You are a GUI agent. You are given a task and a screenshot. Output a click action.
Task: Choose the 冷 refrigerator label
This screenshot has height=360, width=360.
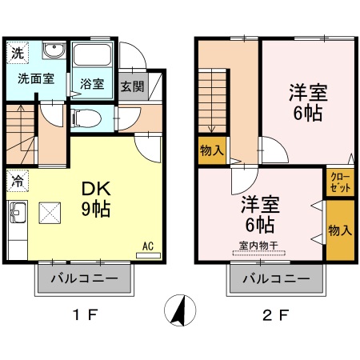(x=17, y=181)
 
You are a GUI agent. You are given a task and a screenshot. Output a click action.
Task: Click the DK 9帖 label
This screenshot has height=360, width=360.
(x=95, y=199)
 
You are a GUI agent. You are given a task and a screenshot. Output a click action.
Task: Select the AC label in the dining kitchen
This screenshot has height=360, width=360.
(x=147, y=246)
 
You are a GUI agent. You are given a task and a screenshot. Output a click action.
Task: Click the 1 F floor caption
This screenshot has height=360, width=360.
(x=85, y=314)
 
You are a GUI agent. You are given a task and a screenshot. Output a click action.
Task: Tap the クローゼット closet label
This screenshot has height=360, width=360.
(x=338, y=182)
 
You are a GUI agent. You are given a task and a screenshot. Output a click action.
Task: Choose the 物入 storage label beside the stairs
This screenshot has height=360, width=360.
(x=212, y=149)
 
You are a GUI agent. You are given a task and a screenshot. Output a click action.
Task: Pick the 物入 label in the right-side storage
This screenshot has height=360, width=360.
(x=339, y=230)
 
